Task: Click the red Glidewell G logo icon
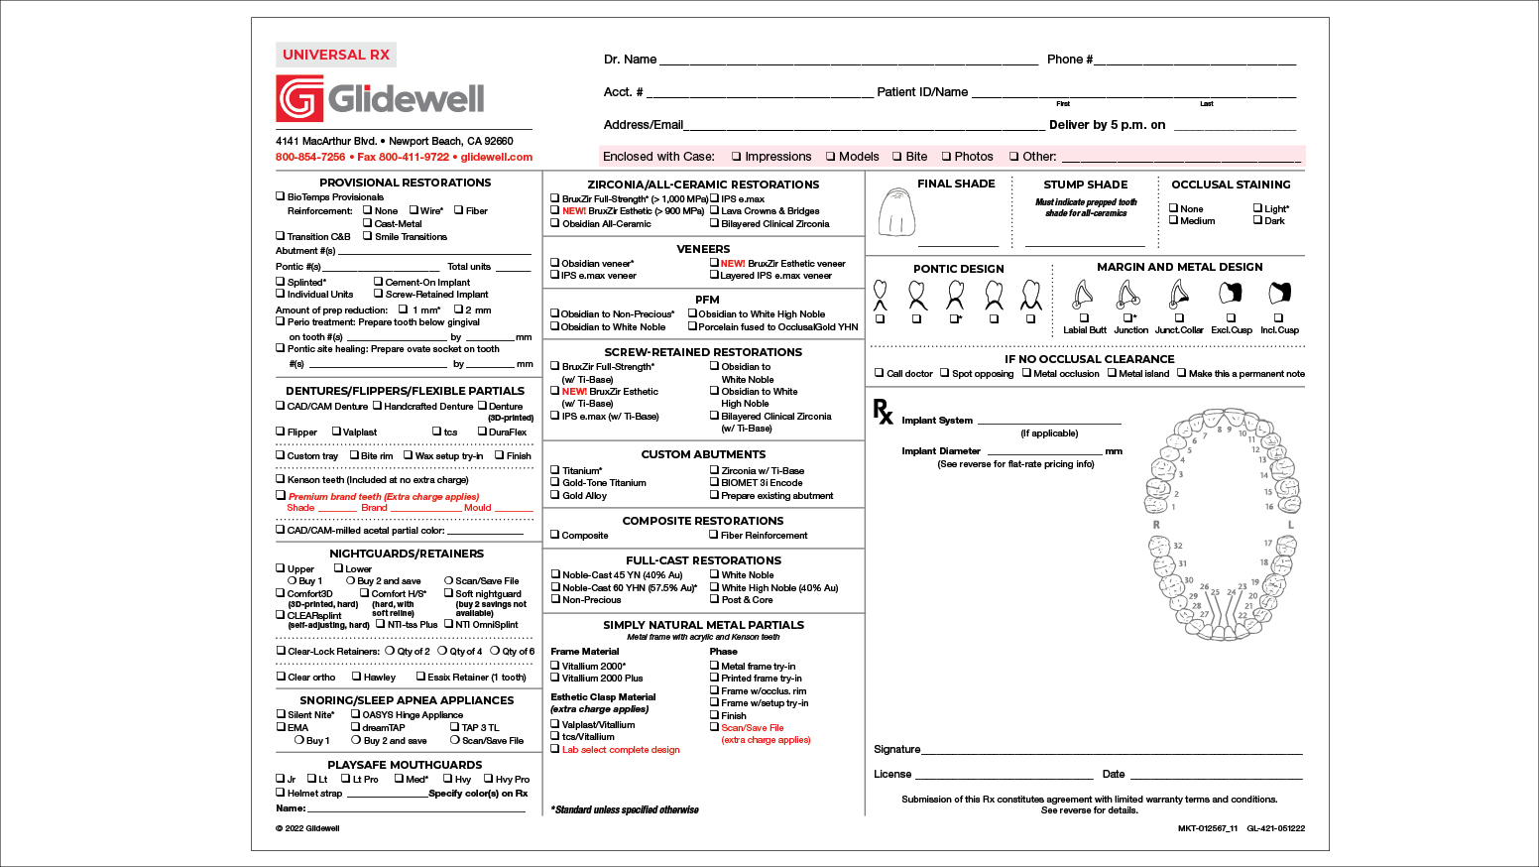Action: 299,98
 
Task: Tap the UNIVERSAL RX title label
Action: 336,55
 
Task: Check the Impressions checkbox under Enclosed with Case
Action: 737,157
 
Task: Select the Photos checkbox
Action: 946,157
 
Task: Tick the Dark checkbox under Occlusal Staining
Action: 1257,220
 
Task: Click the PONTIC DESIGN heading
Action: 958,269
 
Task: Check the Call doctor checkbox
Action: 879,373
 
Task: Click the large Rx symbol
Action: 883,411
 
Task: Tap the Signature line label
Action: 896,749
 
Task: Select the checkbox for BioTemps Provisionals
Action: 280,196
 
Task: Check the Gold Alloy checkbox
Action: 555,495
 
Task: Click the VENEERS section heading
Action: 703,249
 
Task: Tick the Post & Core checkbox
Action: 714,599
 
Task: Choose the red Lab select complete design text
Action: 621,750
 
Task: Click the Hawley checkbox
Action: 356,677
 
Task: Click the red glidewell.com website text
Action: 496,157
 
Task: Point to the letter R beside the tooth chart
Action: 1156,524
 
